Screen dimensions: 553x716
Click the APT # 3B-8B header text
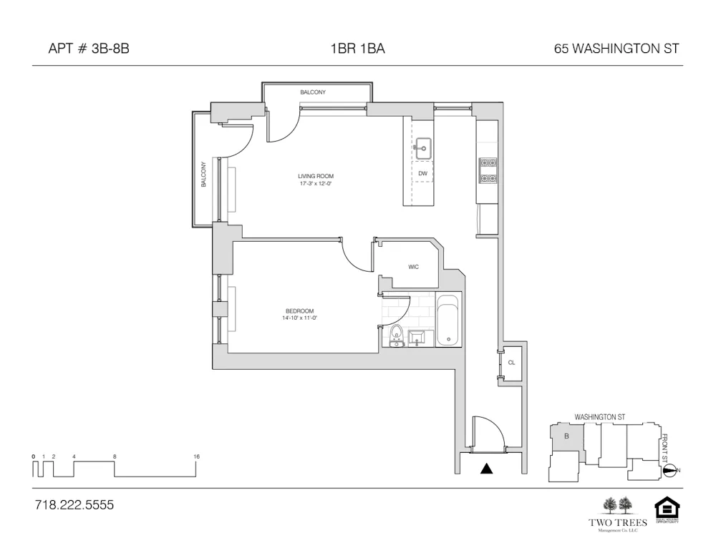point(88,49)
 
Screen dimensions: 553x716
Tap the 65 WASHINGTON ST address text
point(616,49)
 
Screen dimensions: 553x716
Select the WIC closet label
point(413,267)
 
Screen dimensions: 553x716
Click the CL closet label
point(511,363)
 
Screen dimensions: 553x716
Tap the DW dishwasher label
point(423,173)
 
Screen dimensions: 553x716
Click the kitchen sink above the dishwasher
point(422,150)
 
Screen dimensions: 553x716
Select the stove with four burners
point(488,170)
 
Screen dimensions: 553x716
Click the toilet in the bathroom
point(396,334)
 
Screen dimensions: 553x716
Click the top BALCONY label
point(313,92)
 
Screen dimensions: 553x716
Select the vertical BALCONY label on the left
point(203,174)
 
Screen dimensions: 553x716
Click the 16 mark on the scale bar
point(196,456)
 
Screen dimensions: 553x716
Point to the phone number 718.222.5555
point(74,505)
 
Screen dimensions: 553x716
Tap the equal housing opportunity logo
point(667,510)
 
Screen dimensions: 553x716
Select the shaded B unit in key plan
point(566,436)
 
